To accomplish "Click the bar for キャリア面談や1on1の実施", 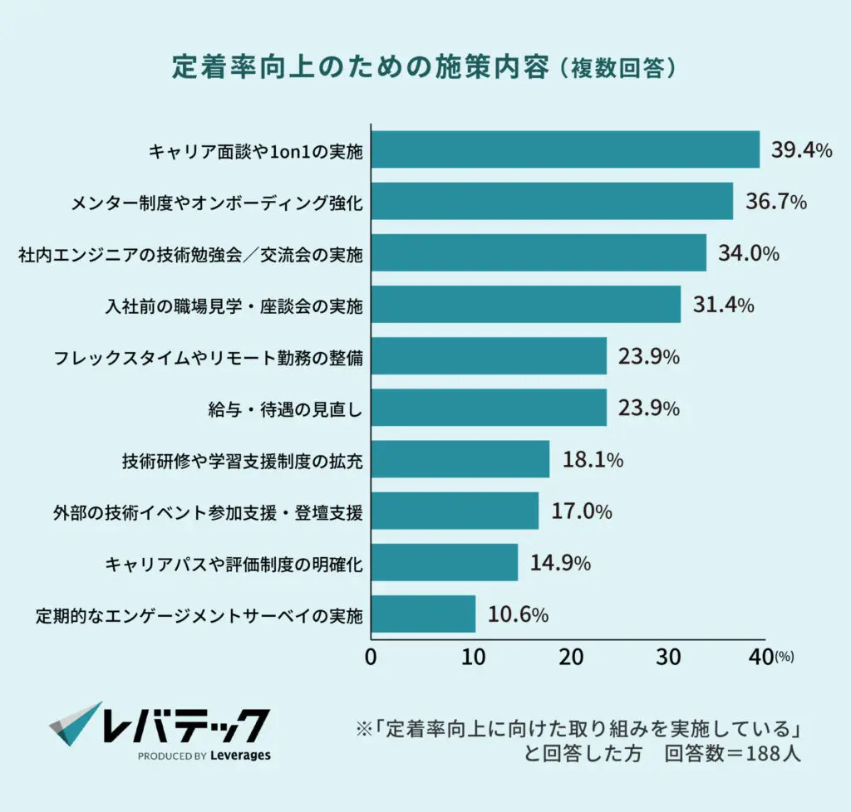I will pos(565,150).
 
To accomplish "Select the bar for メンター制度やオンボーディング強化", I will pos(552,202).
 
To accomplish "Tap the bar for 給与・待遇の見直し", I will pos(489,408).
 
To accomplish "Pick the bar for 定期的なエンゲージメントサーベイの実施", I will pos(423,614).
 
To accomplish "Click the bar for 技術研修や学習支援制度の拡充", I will pos(460,459).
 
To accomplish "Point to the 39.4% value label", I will pos(802,150).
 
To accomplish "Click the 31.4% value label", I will pos(724,305).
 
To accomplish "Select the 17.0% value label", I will pos(582,511).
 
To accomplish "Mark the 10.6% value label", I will pos(518,614).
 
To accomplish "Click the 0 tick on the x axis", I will pos(371,657).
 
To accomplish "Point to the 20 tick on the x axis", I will pos(570,657).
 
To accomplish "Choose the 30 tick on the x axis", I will pos(669,657).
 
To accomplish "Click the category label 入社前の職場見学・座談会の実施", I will pos(234,306).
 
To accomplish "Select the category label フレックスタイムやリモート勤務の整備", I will pos(208,358).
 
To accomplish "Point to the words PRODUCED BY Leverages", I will pos(204,756).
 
